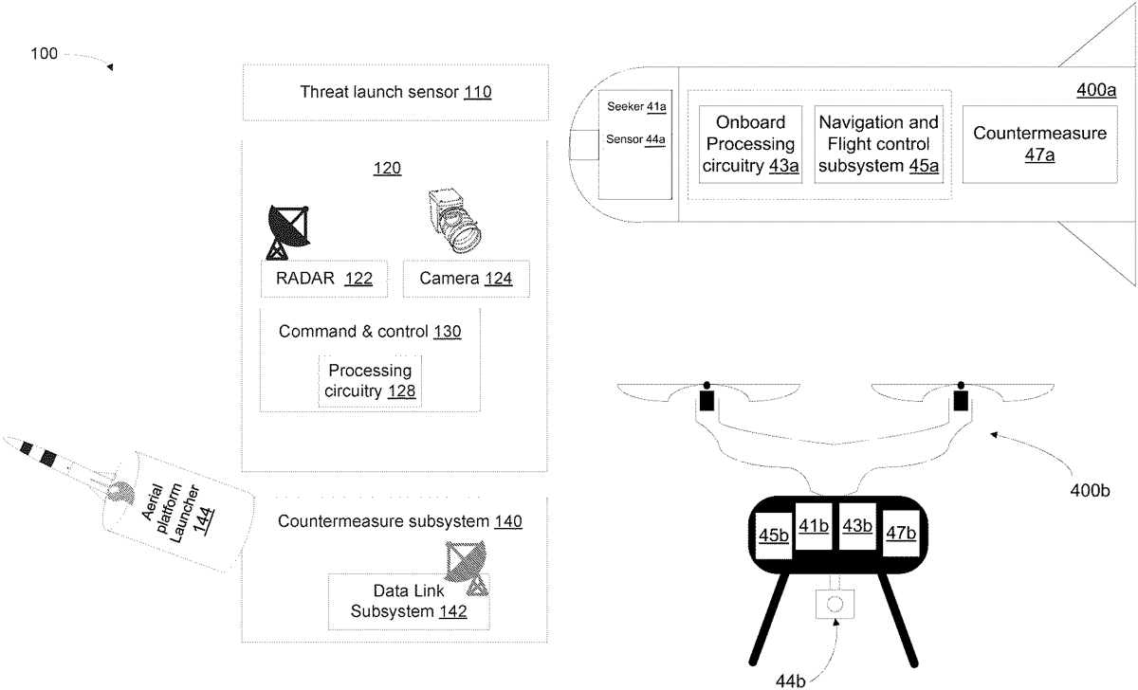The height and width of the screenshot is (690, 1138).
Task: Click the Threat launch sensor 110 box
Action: (x=395, y=92)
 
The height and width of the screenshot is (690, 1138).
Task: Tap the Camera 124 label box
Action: (x=465, y=279)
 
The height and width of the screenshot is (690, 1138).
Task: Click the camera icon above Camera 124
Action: (x=453, y=220)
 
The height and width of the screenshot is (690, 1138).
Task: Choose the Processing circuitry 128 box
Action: (x=370, y=380)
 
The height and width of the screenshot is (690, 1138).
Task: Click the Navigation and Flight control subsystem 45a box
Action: (x=878, y=144)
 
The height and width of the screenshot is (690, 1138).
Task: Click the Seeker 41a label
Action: (x=635, y=107)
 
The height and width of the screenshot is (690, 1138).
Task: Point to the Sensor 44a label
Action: (x=635, y=139)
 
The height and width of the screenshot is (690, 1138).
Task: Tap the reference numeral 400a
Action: (x=1096, y=91)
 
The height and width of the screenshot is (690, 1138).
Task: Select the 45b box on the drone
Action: (x=773, y=535)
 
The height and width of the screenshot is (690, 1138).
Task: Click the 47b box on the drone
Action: (x=900, y=534)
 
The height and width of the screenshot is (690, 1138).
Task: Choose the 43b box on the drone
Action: (x=856, y=525)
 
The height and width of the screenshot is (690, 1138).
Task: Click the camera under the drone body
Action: (x=835, y=604)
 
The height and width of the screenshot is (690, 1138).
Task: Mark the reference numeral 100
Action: (x=44, y=54)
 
